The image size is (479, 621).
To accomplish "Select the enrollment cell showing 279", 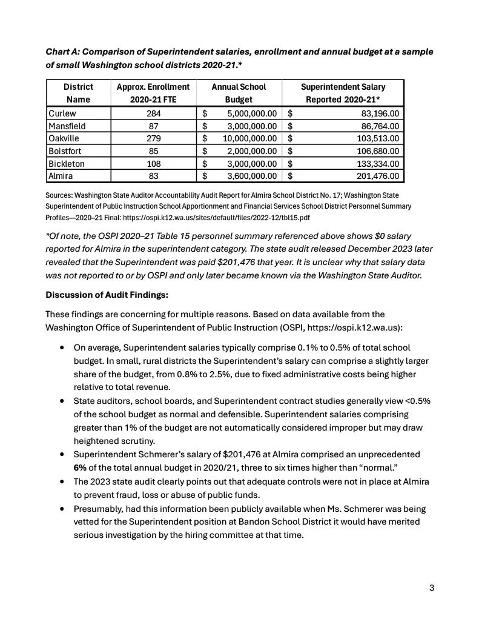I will (153, 139).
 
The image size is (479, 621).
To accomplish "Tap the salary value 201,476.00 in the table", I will (376, 176).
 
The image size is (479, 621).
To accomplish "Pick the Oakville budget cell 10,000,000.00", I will (252, 139).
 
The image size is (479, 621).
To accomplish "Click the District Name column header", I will (78, 93).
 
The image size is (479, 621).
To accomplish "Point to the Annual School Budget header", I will (239, 93).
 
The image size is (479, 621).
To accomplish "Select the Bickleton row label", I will (66, 164).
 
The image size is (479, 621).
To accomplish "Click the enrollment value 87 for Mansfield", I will (153, 126).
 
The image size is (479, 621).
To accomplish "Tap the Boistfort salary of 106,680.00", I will (376, 151).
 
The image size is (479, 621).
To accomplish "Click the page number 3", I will (432, 588).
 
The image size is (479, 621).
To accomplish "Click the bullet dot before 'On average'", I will (62, 348).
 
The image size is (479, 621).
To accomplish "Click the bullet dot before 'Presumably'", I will (62, 509).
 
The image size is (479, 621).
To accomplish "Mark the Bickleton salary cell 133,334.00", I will (376, 164).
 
